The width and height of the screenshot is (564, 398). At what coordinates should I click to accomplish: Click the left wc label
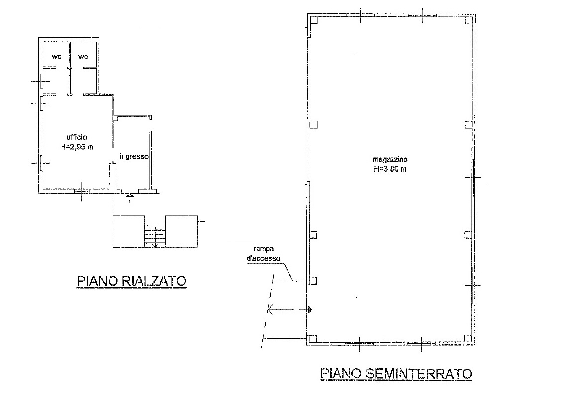(x=56, y=57)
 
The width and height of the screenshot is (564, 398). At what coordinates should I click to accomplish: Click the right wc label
(x=83, y=57)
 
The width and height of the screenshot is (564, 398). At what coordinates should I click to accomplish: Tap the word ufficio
(x=77, y=137)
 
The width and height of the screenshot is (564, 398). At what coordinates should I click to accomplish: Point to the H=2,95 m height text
(x=77, y=147)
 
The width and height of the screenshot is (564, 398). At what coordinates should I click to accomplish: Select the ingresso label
(x=134, y=156)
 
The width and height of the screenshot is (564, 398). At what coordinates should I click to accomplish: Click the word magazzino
(x=390, y=159)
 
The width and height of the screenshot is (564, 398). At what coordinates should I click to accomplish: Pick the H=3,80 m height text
(x=390, y=169)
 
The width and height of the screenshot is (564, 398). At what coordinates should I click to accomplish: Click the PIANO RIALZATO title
(x=131, y=280)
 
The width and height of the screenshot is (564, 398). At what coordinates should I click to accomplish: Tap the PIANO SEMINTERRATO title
(x=396, y=373)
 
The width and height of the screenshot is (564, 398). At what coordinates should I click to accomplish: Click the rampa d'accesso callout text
(x=264, y=254)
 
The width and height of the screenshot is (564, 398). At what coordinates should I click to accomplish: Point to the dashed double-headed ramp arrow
(x=290, y=309)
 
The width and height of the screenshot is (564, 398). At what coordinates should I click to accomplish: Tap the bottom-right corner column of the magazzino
(x=467, y=338)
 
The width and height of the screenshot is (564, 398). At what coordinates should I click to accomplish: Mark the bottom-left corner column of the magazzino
(x=313, y=338)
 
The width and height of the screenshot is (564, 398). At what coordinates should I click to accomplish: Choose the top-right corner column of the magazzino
(x=468, y=20)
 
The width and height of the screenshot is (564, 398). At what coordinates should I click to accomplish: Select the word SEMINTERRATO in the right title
(x=419, y=373)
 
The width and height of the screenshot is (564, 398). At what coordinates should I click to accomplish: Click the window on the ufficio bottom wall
(x=82, y=191)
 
